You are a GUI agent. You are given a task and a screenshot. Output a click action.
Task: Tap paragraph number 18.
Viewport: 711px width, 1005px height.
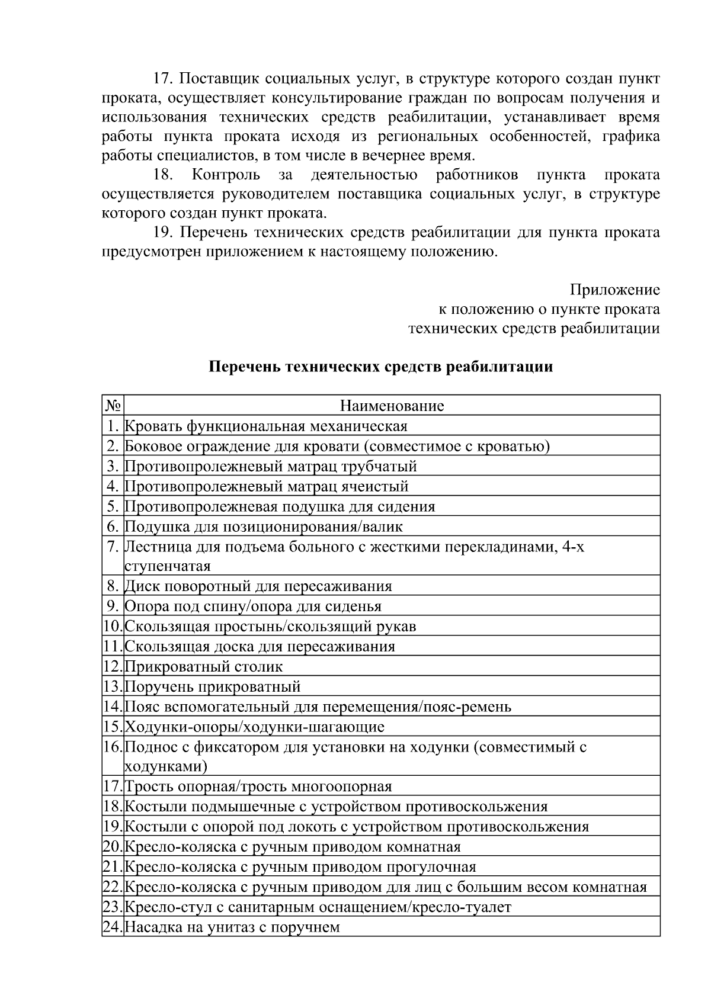click(162, 175)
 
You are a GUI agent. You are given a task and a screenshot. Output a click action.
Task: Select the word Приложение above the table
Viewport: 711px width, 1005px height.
click(614, 290)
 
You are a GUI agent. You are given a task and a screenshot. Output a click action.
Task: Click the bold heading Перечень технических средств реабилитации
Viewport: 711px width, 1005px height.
click(380, 367)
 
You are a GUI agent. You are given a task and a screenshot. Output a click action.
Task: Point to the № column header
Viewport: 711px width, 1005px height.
click(113, 406)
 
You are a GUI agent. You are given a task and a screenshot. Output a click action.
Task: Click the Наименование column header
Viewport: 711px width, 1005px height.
click(392, 406)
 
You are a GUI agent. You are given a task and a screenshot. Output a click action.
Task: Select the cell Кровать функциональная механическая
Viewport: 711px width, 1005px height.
click(266, 426)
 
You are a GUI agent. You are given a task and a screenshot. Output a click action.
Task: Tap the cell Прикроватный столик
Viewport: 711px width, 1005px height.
click(204, 666)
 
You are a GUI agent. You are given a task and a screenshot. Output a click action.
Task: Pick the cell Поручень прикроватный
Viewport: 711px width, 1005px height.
click(213, 686)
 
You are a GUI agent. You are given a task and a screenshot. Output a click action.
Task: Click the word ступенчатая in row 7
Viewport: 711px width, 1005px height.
click(168, 566)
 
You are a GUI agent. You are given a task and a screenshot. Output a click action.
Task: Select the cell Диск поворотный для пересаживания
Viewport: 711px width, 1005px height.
click(258, 586)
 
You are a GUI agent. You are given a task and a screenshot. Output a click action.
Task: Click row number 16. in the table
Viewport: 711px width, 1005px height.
click(113, 746)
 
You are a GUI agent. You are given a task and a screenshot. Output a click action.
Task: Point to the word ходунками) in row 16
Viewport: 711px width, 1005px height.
click(166, 766)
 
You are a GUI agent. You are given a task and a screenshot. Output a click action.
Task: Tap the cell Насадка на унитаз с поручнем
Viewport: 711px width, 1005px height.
click(232, 927)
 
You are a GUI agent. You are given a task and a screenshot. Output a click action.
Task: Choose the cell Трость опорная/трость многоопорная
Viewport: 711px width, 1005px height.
click(258, 786)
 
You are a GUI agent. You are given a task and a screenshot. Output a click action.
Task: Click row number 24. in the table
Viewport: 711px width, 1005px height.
click(113, 927)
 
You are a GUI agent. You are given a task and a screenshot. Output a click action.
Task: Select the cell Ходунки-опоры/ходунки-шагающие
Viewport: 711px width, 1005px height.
click(255, 727)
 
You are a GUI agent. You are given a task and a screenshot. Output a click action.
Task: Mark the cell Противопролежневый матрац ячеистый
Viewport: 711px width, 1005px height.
click(267, 486)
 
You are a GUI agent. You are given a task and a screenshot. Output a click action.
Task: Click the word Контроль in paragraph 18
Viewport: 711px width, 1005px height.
click(226, 175)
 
